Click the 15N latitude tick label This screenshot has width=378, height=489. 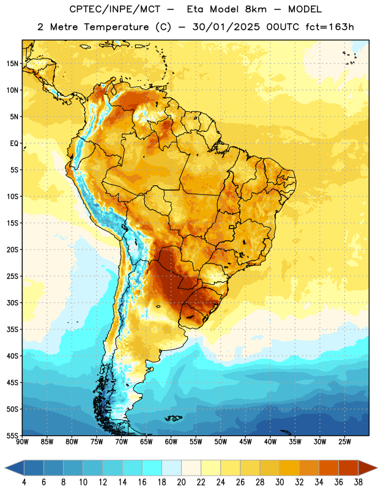click(x=12, y=64)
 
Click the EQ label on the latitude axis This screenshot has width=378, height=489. click(x=14, y=144)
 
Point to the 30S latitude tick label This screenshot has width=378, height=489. click(x=12, y=303)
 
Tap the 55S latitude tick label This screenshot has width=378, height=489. click(x=12, y=436)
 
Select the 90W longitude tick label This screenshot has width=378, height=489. click(x=22, y=441)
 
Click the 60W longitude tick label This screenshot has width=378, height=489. click(x=171, y=441)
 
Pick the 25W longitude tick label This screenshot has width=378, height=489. click(x=344, y=441)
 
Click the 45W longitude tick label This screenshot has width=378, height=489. click(x=245, y=441)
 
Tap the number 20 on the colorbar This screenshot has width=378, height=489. click(x=181, y=482)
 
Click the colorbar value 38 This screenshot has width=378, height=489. click(x=358, y=482)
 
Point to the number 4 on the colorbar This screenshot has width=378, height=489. click(x=24, y=482)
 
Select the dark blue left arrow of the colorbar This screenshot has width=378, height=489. click(x=14, y=468)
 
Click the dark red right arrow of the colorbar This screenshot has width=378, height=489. click(x=368, y=468)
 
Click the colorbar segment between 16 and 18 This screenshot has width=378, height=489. click(x=152, y=468)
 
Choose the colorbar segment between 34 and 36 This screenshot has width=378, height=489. click(x=328, y=468)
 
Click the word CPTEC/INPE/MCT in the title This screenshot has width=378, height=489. click(x=115, y=9)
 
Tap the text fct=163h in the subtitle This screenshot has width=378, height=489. click(x=330, y=27)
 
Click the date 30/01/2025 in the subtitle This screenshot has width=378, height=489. click(x=226, y=27)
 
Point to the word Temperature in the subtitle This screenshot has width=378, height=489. click(x=116, y=28)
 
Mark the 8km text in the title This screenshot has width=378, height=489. click(x=256, y=9)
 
